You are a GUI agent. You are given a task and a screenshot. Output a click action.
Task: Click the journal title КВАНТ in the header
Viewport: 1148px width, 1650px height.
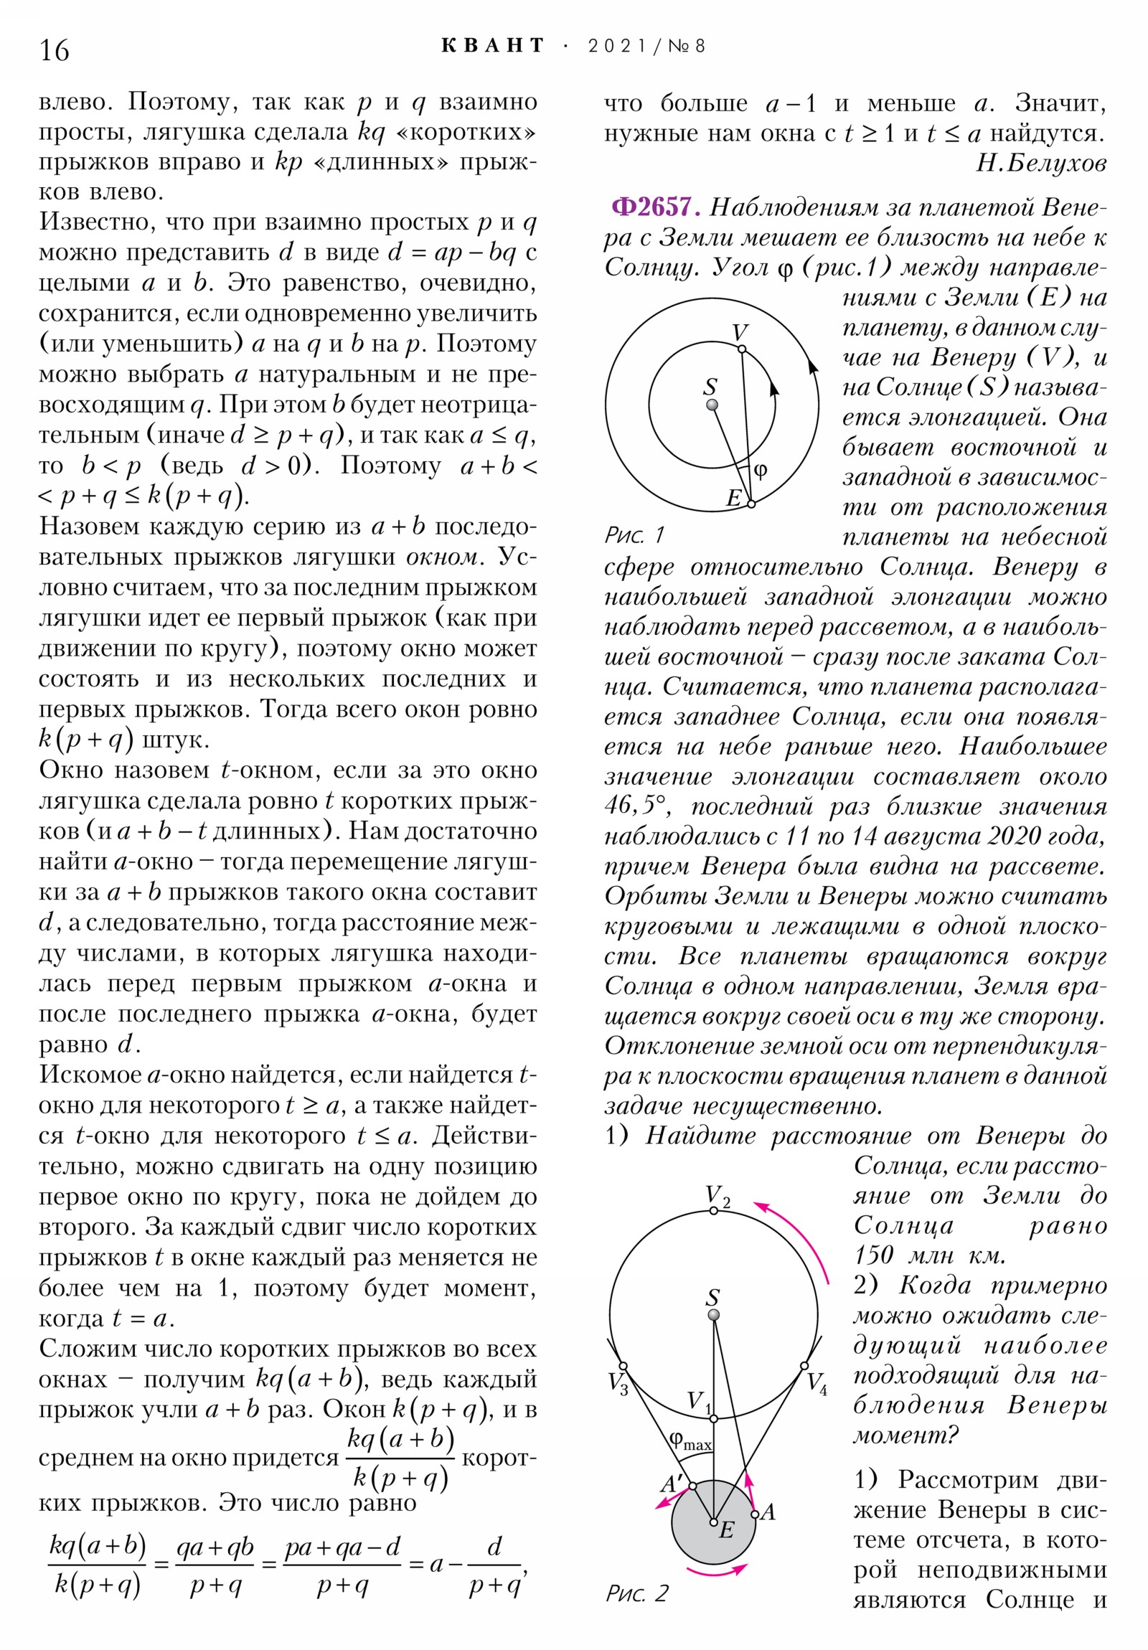coord(493,46)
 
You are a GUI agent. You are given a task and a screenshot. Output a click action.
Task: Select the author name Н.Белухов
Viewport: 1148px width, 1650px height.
coord(1040,164)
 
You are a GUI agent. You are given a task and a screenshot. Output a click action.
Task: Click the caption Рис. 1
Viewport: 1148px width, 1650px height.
coord(635,534)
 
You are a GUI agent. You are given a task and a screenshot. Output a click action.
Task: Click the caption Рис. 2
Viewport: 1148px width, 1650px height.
coord(637,1593)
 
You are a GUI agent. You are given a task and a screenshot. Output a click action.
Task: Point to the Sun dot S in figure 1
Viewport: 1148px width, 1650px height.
coord(712,405)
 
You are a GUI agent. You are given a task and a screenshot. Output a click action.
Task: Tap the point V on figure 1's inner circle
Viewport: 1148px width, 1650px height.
coord(742,349)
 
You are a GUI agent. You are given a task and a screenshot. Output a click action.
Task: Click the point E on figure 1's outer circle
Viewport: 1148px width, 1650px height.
coord(751,504)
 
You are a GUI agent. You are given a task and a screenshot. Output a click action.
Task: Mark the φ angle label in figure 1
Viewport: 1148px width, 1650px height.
coord(761,471)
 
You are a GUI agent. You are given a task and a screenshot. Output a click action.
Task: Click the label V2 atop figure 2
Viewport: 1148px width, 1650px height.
coord(717,1196)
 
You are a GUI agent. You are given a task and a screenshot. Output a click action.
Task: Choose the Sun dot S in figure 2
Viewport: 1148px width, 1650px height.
coord(714,1315)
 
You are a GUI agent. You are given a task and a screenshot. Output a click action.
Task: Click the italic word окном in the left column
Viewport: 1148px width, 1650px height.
coord(441,557)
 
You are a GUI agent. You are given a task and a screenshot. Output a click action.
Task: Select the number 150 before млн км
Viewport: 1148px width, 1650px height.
coord(873,1255)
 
